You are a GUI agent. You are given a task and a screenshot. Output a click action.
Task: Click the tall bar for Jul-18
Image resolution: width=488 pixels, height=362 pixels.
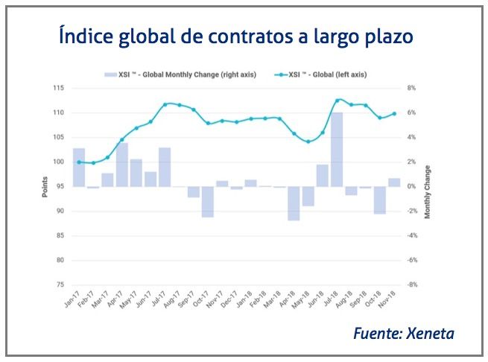click(x=337, y=149)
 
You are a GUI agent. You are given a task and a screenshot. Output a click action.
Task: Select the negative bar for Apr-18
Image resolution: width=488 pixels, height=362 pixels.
click(x=294, y=203)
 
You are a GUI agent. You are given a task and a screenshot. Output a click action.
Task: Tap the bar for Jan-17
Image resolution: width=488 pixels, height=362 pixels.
click(x=78, y=168)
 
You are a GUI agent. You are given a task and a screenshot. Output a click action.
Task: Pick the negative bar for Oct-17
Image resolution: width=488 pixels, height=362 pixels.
click(x=208, y=201)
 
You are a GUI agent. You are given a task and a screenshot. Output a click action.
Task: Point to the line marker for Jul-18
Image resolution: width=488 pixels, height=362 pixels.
click(x=338, y=100)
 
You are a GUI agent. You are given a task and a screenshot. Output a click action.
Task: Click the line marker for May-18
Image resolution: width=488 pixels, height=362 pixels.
click(x=308, y=142)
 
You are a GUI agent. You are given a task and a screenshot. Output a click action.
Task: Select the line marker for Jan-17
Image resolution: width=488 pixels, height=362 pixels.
click(x=78, y=162)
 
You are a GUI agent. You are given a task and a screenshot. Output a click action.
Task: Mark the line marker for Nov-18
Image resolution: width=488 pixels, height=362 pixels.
click(x=394, y=113)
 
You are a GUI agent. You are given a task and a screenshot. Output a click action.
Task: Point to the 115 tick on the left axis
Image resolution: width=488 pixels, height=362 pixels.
click(x=58, y=88)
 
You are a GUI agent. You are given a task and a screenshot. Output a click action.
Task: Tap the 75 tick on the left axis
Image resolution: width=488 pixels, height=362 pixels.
click(x=60, y=285)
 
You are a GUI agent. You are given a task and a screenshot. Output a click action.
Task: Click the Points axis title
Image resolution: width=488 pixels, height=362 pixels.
click(x=44, y=186)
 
